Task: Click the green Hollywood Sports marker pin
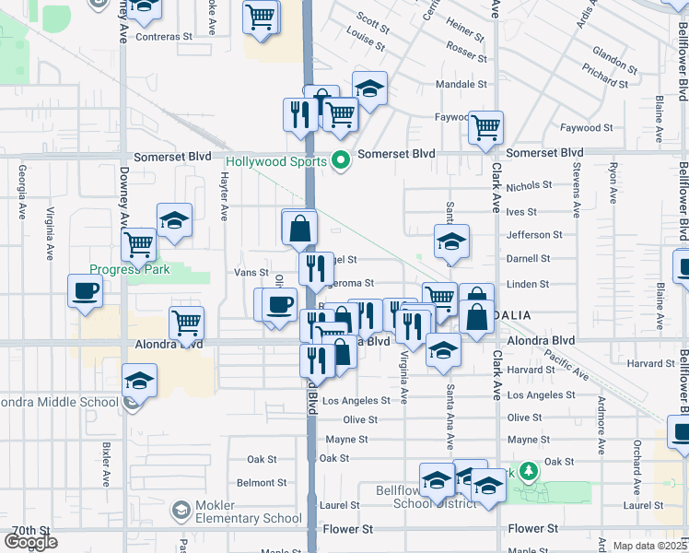pyautogui.click(x=342, y=161)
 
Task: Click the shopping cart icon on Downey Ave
pyautogui.click(x=138, y=245)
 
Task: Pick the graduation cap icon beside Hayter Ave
pyautogui.click(x=174, y=221)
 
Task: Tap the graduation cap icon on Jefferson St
pyautogui.click(x=451, y=242)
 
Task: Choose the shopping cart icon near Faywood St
pyautogui.click(x=485, y=127)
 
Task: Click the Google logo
pyautogui.click(x=30, y=542)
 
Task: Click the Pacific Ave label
pyautogui.click(x=567, y=365)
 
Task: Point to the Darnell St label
pyautogui.click(x=527, y=260)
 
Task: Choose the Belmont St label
pyautogui.click(x=256, y=482)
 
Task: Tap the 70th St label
pyautogui.click(x=30, y=531)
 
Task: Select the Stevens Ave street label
pyautogui.click(x=576, y=190)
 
